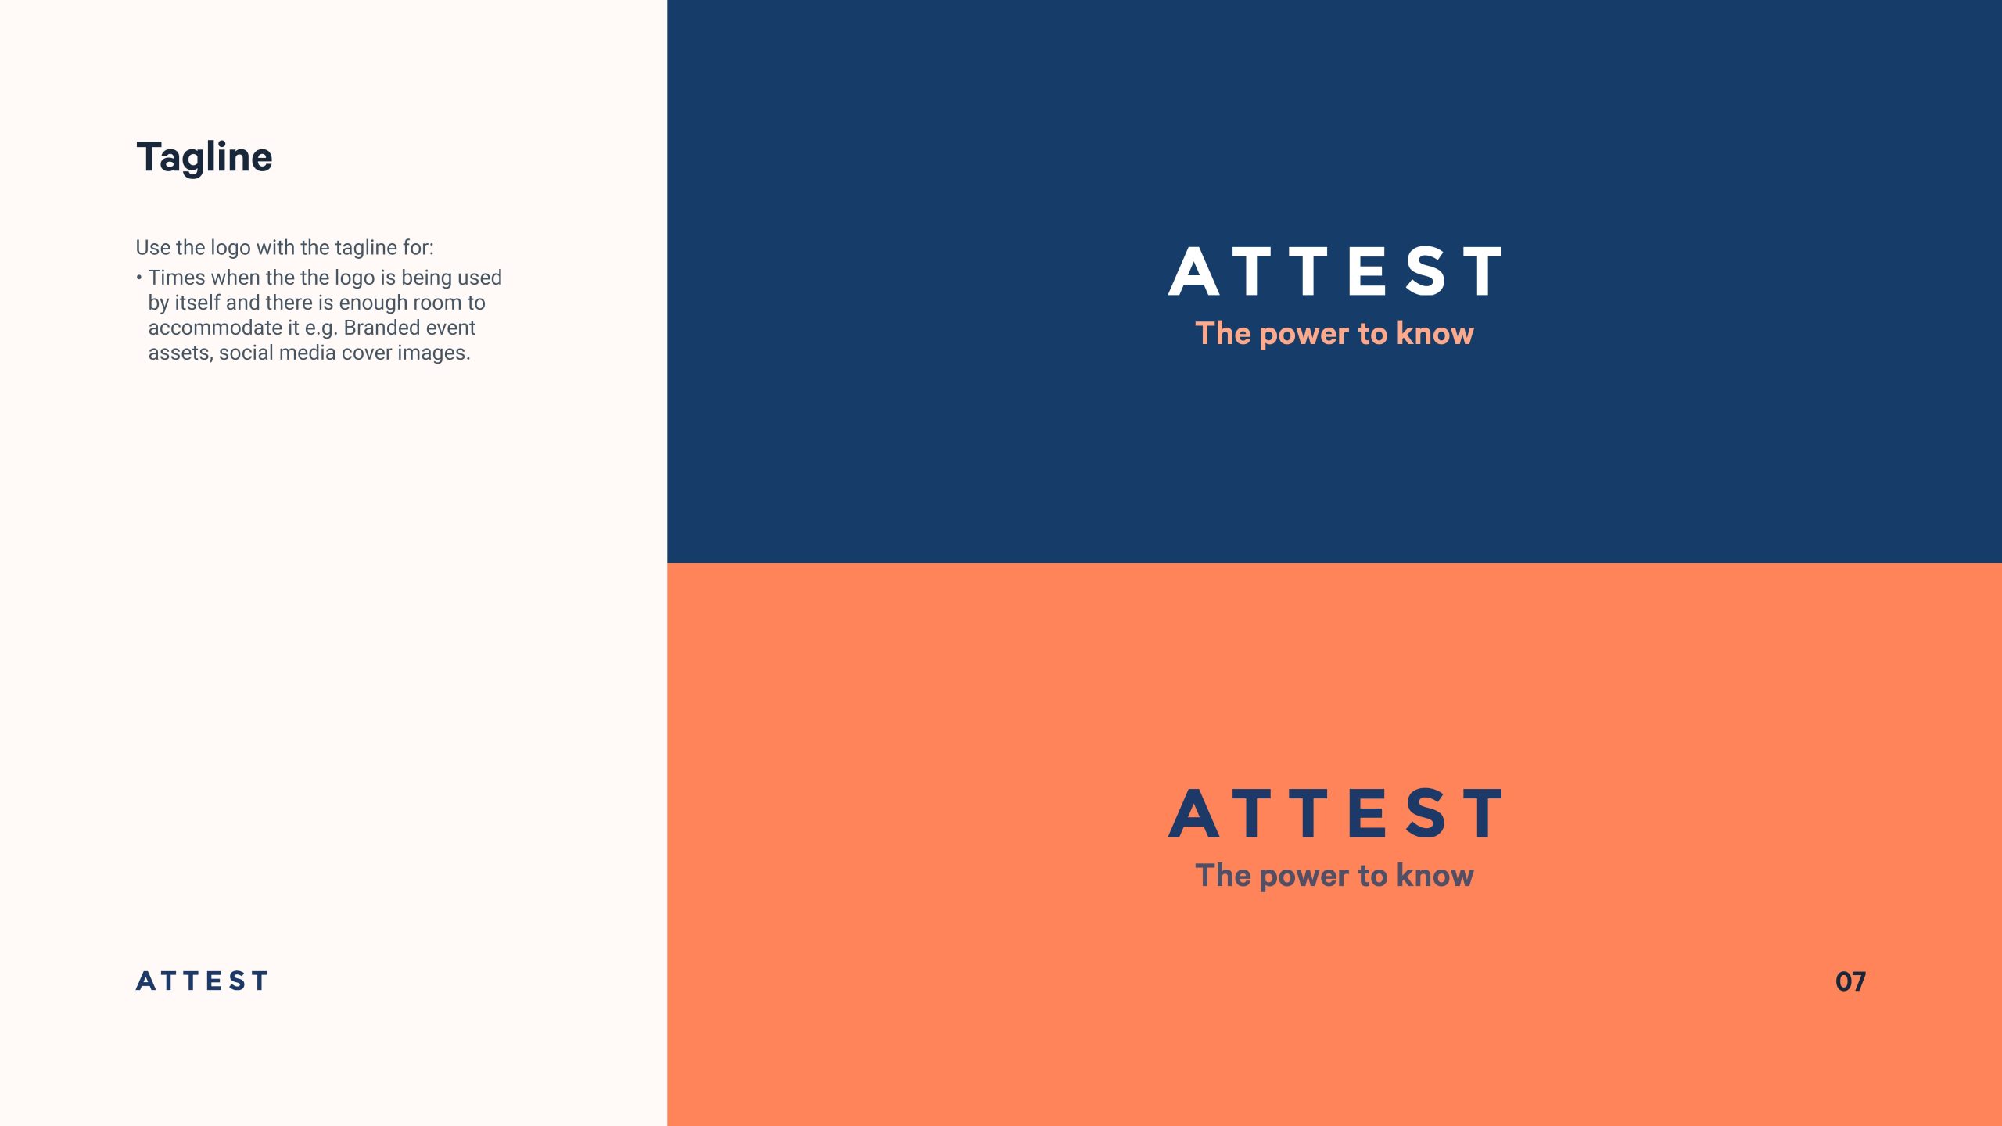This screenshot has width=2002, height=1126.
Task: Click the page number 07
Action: pos(1850,981)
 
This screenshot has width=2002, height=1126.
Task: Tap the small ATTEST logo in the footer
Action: pos(202,981)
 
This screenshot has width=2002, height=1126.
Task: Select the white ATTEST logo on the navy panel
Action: pos(1335,271)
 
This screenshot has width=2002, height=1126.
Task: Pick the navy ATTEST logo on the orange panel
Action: pos(1335,813)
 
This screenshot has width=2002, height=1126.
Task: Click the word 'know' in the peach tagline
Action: pos(1435,333)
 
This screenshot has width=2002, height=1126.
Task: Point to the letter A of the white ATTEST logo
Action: pos(1193,271)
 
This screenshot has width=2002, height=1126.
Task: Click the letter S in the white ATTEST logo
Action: pos(1426,271)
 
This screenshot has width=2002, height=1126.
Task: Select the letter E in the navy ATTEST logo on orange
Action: pos(1368,813)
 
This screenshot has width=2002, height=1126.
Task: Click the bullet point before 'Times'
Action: pos(139,278)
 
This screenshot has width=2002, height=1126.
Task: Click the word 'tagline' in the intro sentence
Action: pos(366,248)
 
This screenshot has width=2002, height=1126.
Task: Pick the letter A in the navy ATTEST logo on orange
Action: pos(1193,813)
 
